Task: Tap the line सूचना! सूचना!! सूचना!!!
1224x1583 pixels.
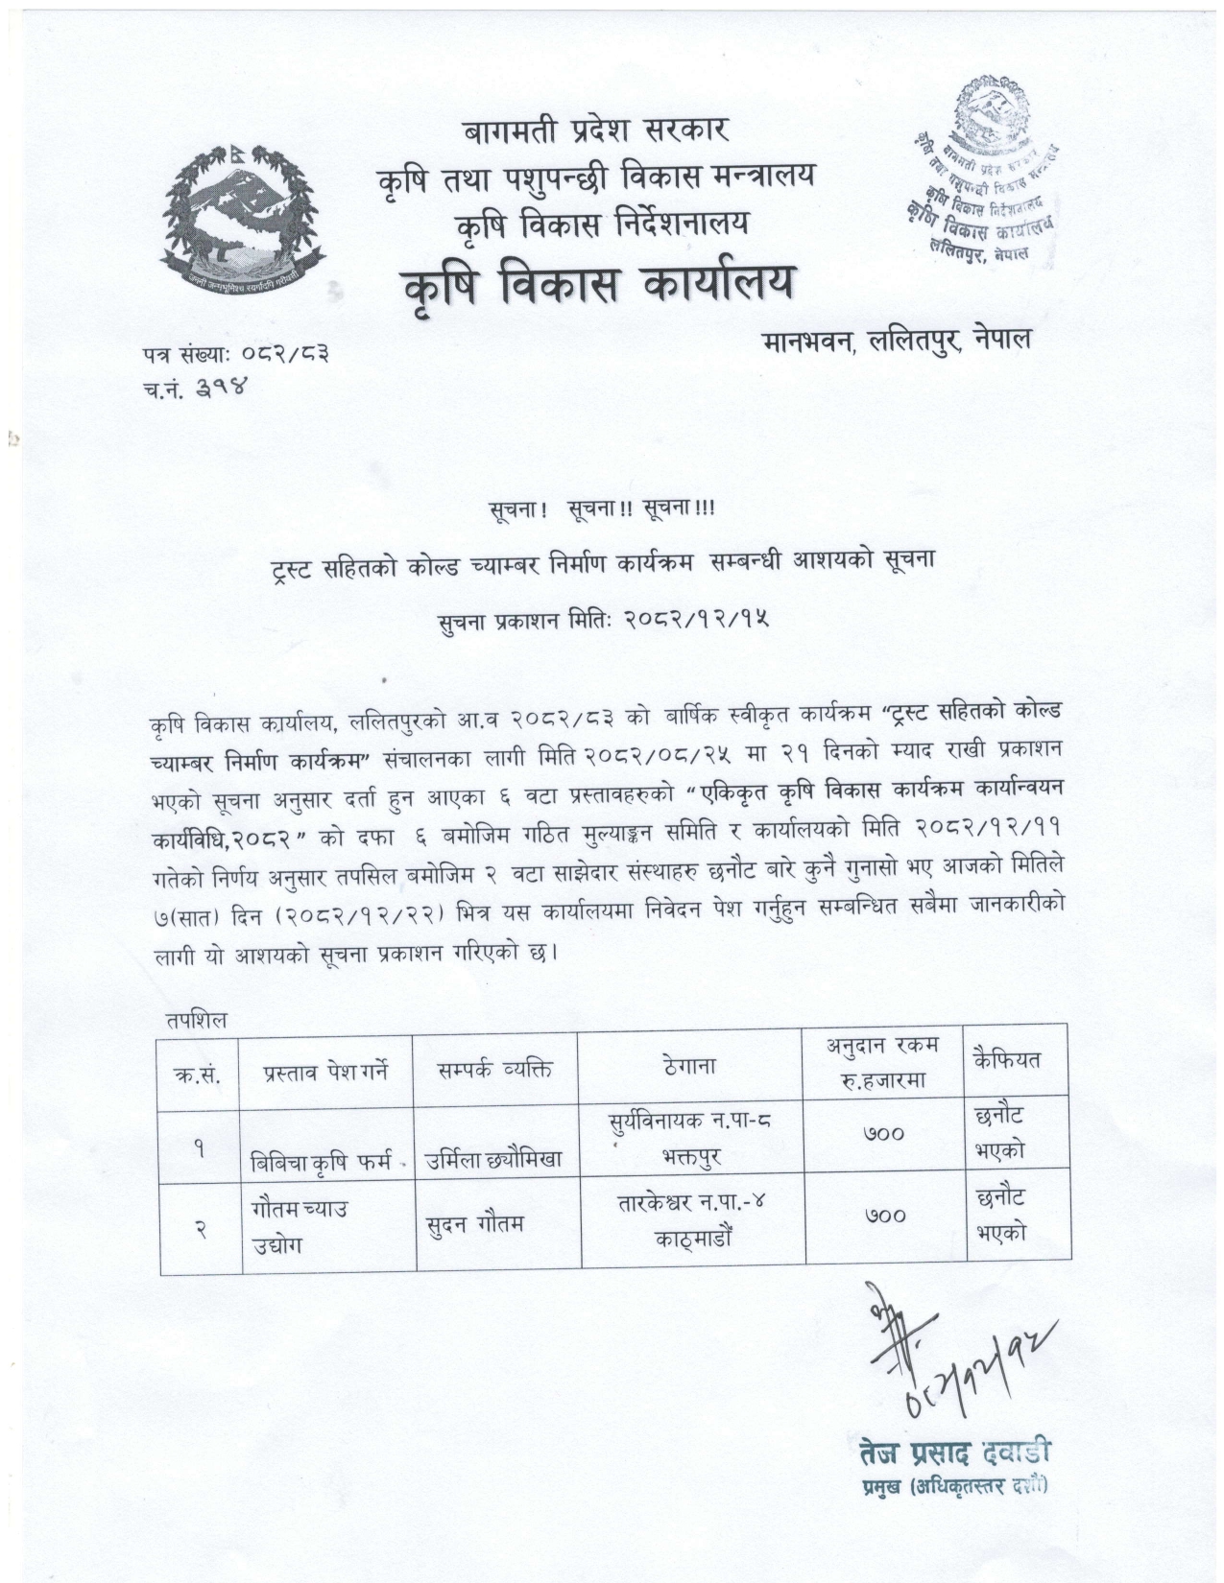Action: pos(600,507)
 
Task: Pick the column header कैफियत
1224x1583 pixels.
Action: pos(1006,1060)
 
